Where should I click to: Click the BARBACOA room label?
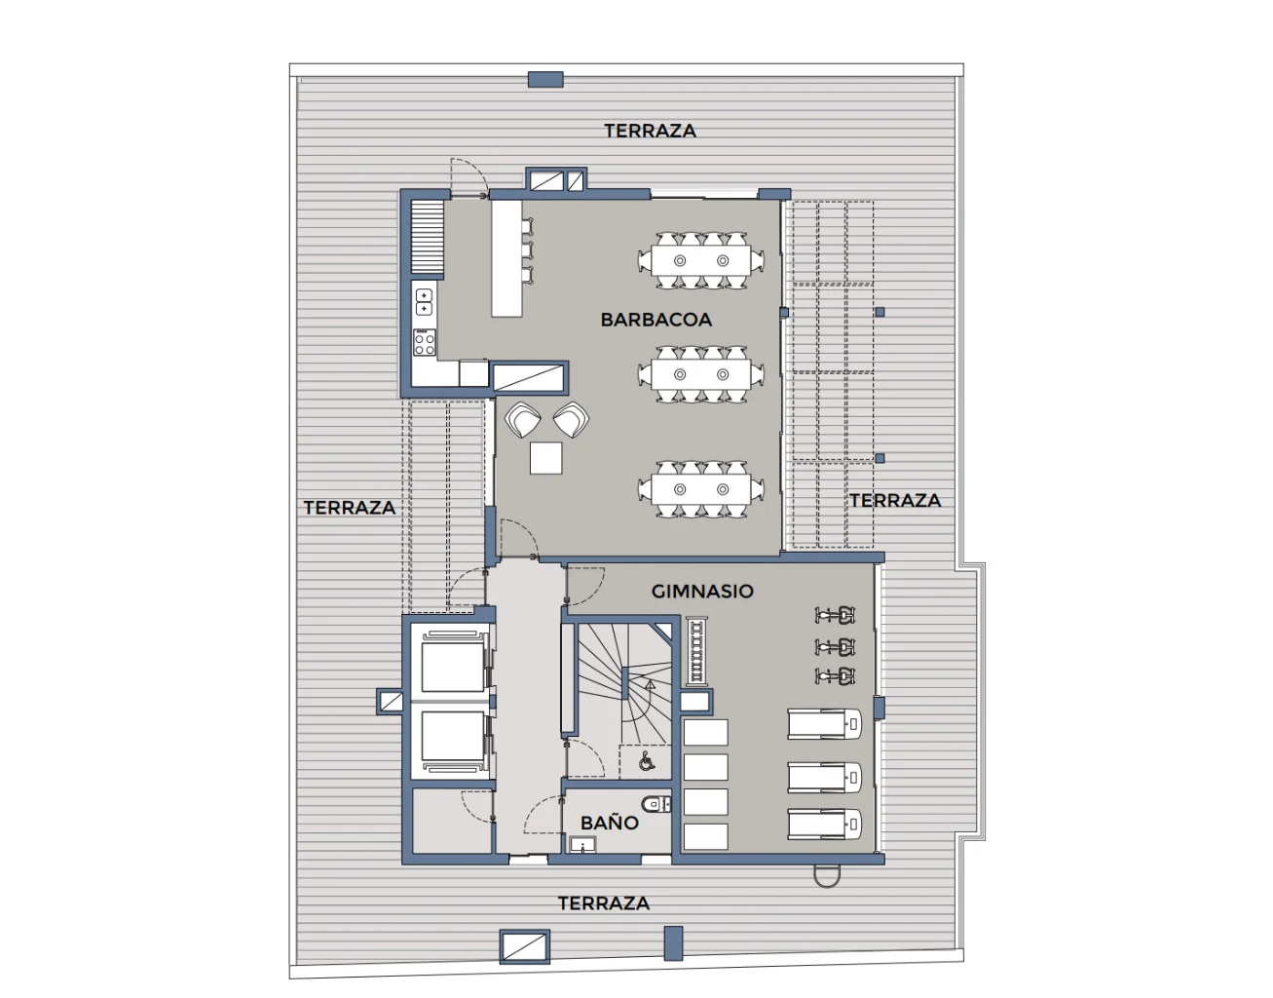pyautogui.click(x=656, y=320)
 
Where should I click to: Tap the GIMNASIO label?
pyautogui.click(x=702, y=591)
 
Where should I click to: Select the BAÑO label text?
pyautogui.click(x=610, y=823)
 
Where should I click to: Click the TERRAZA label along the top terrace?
pyautogui.click(x=651, y=131)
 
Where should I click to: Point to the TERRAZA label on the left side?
pyautogui.click(x=350, y=508)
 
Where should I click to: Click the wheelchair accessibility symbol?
pyautogui.click(x=646, y=760)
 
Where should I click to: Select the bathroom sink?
pyautogui.click(x=582, y=844)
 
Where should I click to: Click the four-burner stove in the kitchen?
pyautogui.click(x=425, y=342)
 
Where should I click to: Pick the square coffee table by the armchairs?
pyautogui.click(x=546, y=458)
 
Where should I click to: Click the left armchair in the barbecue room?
pyautogui.click(x=523, y=419)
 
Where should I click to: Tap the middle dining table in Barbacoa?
pyautogui.click(x=701, y=374)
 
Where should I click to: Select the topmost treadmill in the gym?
pyautogui.click(x=825, y=724)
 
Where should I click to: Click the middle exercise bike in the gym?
pyautogui.click(x=836, y=647)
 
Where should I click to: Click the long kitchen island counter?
pyautogui.click(x=506, y=258)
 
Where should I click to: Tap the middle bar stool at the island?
pyautogui.click(x=528, y=250)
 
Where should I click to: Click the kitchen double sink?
pyautogui.click(x=424, y=302)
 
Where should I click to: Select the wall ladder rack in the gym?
pyautogui.click(x=697, y=651)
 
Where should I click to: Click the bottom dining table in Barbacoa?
pyautogui.click(x=701, y=489)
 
